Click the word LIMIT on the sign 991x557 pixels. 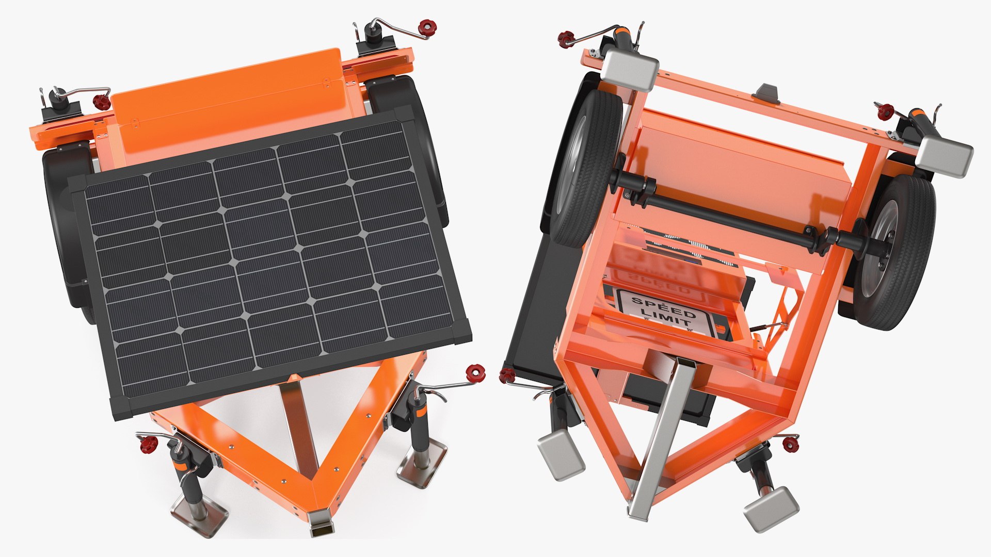(668, 316)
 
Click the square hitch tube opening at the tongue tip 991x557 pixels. (321, 528)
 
